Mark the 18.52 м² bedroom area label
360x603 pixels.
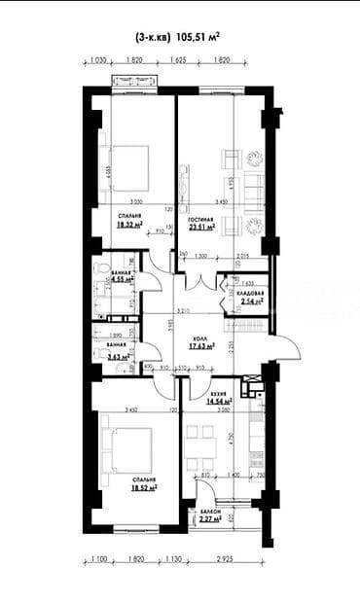146,490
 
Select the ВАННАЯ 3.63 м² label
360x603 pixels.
121,356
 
